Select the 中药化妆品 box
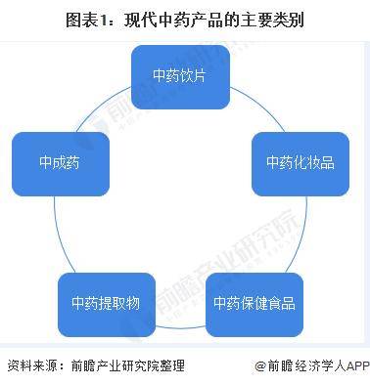[x=300, y=161]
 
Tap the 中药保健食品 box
[x=254, y=302]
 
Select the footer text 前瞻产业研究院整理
[x=125, y=366]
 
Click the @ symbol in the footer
[x=259, y=366]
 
